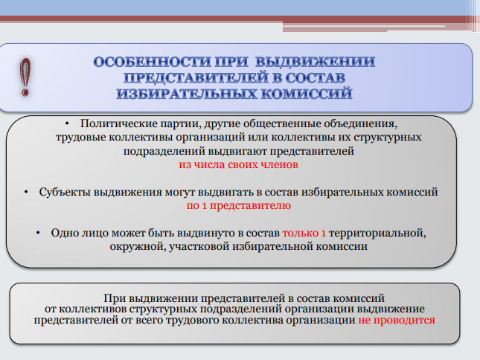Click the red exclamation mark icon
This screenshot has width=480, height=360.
25,77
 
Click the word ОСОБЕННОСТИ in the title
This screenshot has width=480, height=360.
152,62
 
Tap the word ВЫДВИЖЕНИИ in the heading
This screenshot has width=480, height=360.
315,62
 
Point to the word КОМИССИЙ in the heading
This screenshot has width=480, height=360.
307,93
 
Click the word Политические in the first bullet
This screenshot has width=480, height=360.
118,123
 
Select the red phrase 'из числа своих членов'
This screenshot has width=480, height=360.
238,164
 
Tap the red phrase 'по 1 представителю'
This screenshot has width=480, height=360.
238,205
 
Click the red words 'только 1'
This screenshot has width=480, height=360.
304,233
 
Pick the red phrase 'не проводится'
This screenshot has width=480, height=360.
397,321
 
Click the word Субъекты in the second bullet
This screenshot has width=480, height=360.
65,192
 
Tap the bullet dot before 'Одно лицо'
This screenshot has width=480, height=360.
38,233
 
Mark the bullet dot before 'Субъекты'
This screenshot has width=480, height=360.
26,192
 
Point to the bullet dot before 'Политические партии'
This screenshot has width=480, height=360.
67,123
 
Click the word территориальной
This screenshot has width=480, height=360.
377,233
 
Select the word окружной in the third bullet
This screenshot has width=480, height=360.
138,246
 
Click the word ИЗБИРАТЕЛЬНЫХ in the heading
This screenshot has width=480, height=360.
187,93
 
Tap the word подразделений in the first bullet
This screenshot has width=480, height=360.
164,151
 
